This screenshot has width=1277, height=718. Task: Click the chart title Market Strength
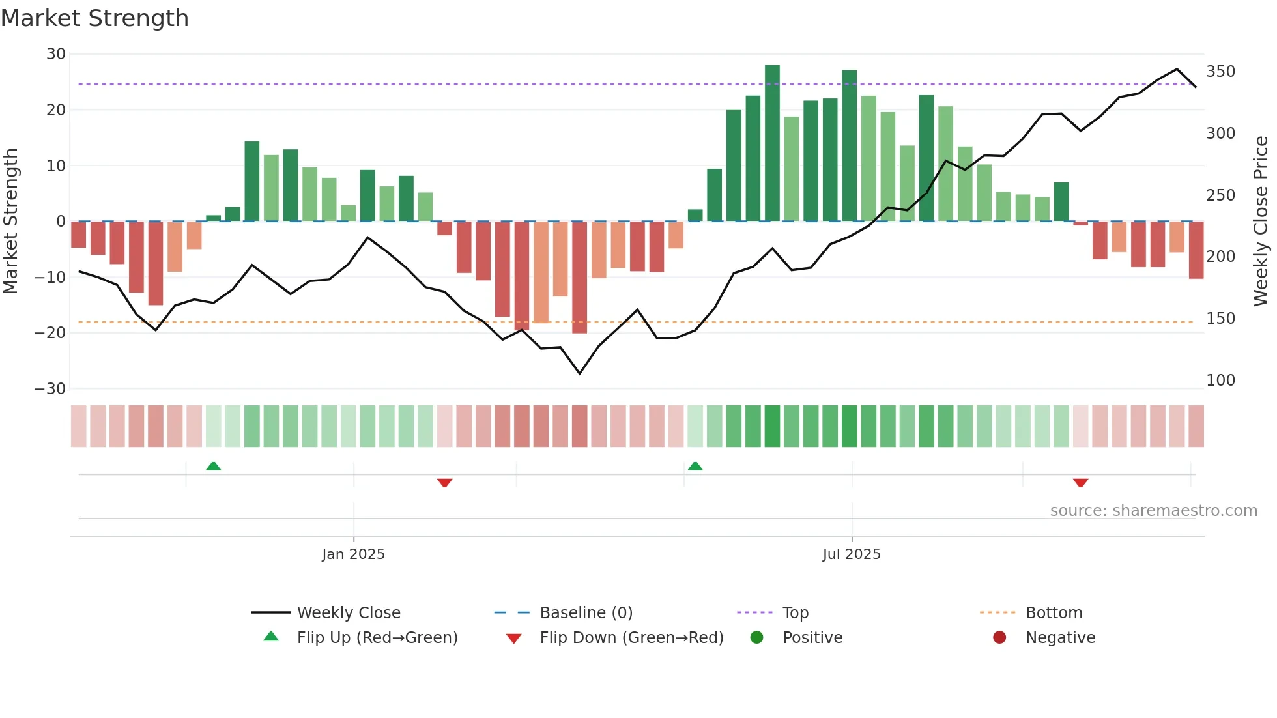tap(94, 18)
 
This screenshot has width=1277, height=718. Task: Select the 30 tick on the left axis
tap(56, 54)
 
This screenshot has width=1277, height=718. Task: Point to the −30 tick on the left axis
tap(50, 389)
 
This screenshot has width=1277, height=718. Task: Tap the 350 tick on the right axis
tap(1220, 72)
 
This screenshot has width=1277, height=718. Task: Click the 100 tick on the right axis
tap(1220, 381)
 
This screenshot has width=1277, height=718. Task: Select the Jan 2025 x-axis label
tap(353, 554)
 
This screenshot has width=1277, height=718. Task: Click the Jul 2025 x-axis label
tap(851, 554)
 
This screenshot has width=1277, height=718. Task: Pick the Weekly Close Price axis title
tap(1261, 222)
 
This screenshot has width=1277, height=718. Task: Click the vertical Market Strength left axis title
tap(10, 222)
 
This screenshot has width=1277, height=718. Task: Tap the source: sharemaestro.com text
tap(1153, 511)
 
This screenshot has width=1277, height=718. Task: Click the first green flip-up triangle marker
tap(213, 466)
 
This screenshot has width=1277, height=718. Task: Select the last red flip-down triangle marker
tap(1080, 483)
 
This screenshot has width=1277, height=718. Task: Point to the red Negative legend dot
tap(999, 638)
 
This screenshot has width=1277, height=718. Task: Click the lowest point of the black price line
tap(579, 373)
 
